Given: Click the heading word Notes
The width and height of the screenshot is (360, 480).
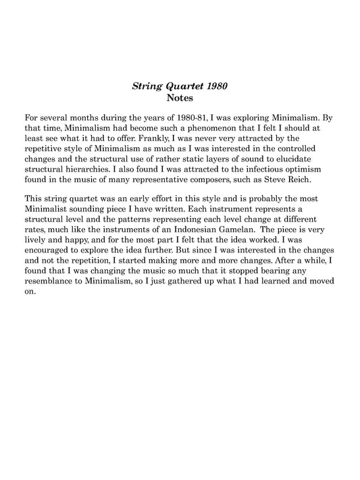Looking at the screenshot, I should click(180, 97).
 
